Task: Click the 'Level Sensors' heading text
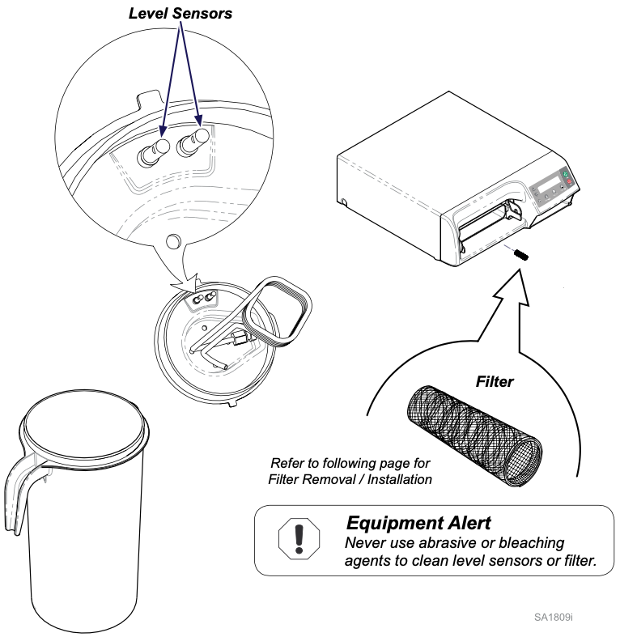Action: tap(180, 13)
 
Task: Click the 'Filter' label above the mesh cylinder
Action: tap(494, 381)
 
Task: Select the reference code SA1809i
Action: tap(553, 618)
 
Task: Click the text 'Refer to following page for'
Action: tap(350, 463)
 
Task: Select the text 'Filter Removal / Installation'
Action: tap(350, 479)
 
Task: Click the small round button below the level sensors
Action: tap(171, 240)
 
